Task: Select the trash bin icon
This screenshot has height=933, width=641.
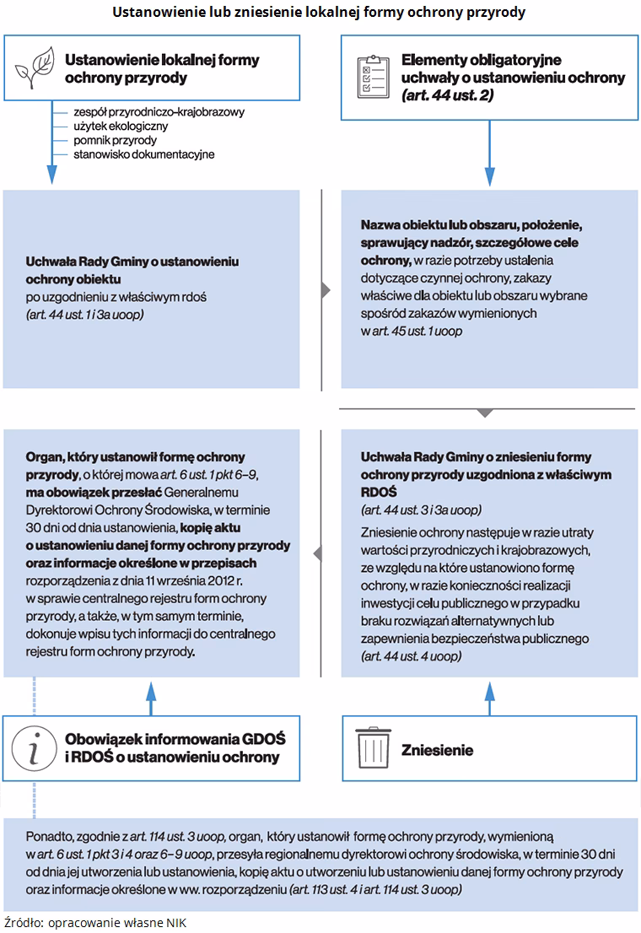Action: (372, 748)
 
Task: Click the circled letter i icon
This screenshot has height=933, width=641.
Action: (33, 747)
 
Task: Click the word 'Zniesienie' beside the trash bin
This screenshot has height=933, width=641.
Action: (437, 750)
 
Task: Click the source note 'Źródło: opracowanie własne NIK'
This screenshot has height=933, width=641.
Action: (94, 923)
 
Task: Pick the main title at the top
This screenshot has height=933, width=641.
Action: (320, 13)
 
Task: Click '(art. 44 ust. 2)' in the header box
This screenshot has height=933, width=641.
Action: (448, 95)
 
